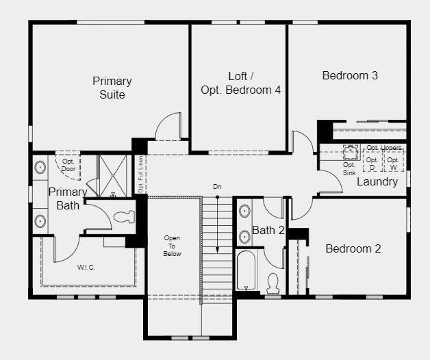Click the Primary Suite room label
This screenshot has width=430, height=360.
tap(112, 88)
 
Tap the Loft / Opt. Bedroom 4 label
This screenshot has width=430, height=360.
tap(240, 83)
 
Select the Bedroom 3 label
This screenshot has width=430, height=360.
tap(350, 75)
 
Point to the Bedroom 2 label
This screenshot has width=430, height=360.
tap(353, 248)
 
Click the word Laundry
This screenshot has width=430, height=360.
tap(377, 182)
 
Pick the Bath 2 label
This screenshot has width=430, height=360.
tap(268, 230)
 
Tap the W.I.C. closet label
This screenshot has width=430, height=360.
tap(86, 266)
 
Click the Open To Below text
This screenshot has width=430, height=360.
tap(172, 245)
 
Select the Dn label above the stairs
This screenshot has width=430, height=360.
tap(217, 186)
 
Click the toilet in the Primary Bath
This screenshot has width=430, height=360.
tap(125, 218)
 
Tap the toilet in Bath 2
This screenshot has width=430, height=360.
tap(273, 282)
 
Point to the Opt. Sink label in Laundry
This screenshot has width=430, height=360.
tap(349, 168)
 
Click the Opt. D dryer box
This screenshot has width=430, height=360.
tap(372, 163)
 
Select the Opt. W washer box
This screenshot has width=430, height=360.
tap(393, 163)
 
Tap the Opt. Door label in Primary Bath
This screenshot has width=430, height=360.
tap(68, 165)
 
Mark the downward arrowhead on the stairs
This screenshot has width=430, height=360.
tap(217, 252)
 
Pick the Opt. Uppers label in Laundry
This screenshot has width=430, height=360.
tap(383, 148)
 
